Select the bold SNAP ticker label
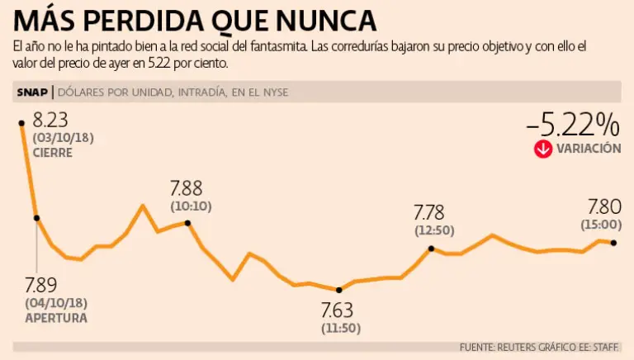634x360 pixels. pyautogui.click(x=31, y=92)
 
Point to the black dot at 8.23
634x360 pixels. pyautogui.click(x=21, y=122)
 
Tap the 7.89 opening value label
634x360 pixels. pyautogui.click(x=40, y=286)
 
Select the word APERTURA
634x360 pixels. pyautogui.click(x=56, y=317)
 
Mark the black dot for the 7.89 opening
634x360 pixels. pyautogui.click(x=36, y=218)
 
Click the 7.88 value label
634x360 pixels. pyautogui.click(x=186, y=187)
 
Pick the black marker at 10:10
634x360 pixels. pyautogui.click(x=188, y=223)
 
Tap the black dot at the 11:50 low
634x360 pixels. pyautogui.click(x=339, y=290)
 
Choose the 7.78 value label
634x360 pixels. pyautogui.click(x=429, y=213)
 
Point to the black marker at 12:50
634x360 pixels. pyautogui.click(x=431, y=248)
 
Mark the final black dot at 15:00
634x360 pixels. pyautogui.click(x=613, y=242)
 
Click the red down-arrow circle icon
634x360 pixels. pyautogui.click(x=542, y=149)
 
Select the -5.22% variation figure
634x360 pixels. pyautogui.click(x=573, y=125)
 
